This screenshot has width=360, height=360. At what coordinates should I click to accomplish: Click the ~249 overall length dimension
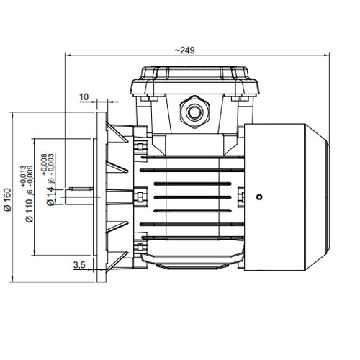184,50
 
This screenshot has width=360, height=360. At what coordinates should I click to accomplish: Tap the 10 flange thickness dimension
84,97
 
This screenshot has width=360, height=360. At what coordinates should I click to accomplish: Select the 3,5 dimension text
79,265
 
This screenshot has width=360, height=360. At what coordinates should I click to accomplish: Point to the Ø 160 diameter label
8,199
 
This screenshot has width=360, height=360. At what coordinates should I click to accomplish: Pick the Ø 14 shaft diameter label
50,197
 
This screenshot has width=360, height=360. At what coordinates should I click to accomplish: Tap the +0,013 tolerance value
23,176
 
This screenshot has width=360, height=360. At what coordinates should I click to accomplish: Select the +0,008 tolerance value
44,165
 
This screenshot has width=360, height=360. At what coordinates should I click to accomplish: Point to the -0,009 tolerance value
30,177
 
